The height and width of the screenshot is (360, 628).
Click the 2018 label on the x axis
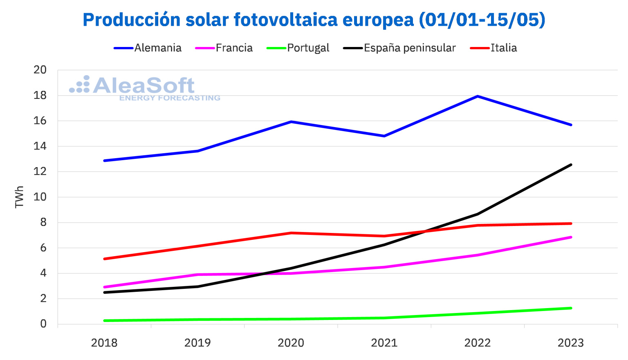pos(104,343)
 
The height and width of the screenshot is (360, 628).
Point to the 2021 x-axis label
pos(384,343)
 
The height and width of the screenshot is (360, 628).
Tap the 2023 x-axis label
pos(571,343)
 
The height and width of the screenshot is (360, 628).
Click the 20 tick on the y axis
pos(40,70)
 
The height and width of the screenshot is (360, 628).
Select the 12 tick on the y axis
pos(40,172)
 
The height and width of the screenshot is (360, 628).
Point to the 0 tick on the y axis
pos(43,324)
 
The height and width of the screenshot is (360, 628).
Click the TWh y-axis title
pos(19,197)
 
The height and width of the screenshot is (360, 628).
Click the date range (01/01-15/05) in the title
pos(482,20)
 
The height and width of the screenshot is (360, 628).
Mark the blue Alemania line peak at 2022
pos(478,96)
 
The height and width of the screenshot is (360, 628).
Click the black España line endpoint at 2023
pos(571,165)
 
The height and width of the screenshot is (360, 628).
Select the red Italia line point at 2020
pos(291,233)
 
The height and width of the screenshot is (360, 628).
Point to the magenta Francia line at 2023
pos(571,237)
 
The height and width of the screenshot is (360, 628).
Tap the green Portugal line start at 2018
pos(105,320)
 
